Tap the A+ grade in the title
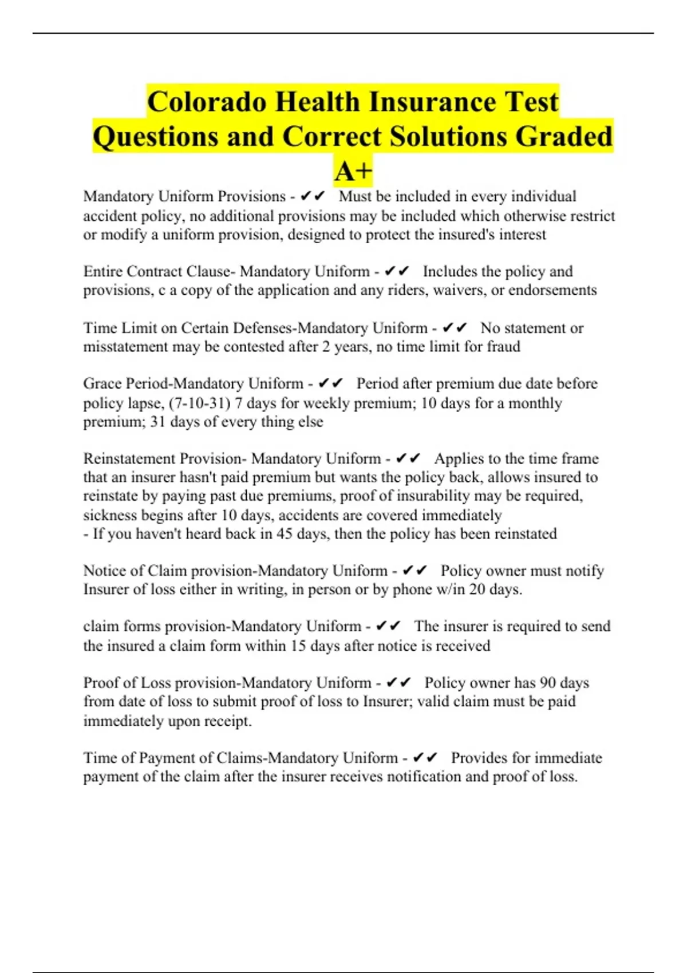[x=353, y=171]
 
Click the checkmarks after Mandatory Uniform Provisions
[x=312, y=196]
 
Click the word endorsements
[x=552, y=290]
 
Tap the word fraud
[x=503, y=347]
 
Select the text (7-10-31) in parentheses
[x=199, y=403]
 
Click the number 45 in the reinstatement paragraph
[x=267, y=534]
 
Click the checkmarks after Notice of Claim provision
[x=415, y=571]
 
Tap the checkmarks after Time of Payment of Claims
[x=425, y=758]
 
